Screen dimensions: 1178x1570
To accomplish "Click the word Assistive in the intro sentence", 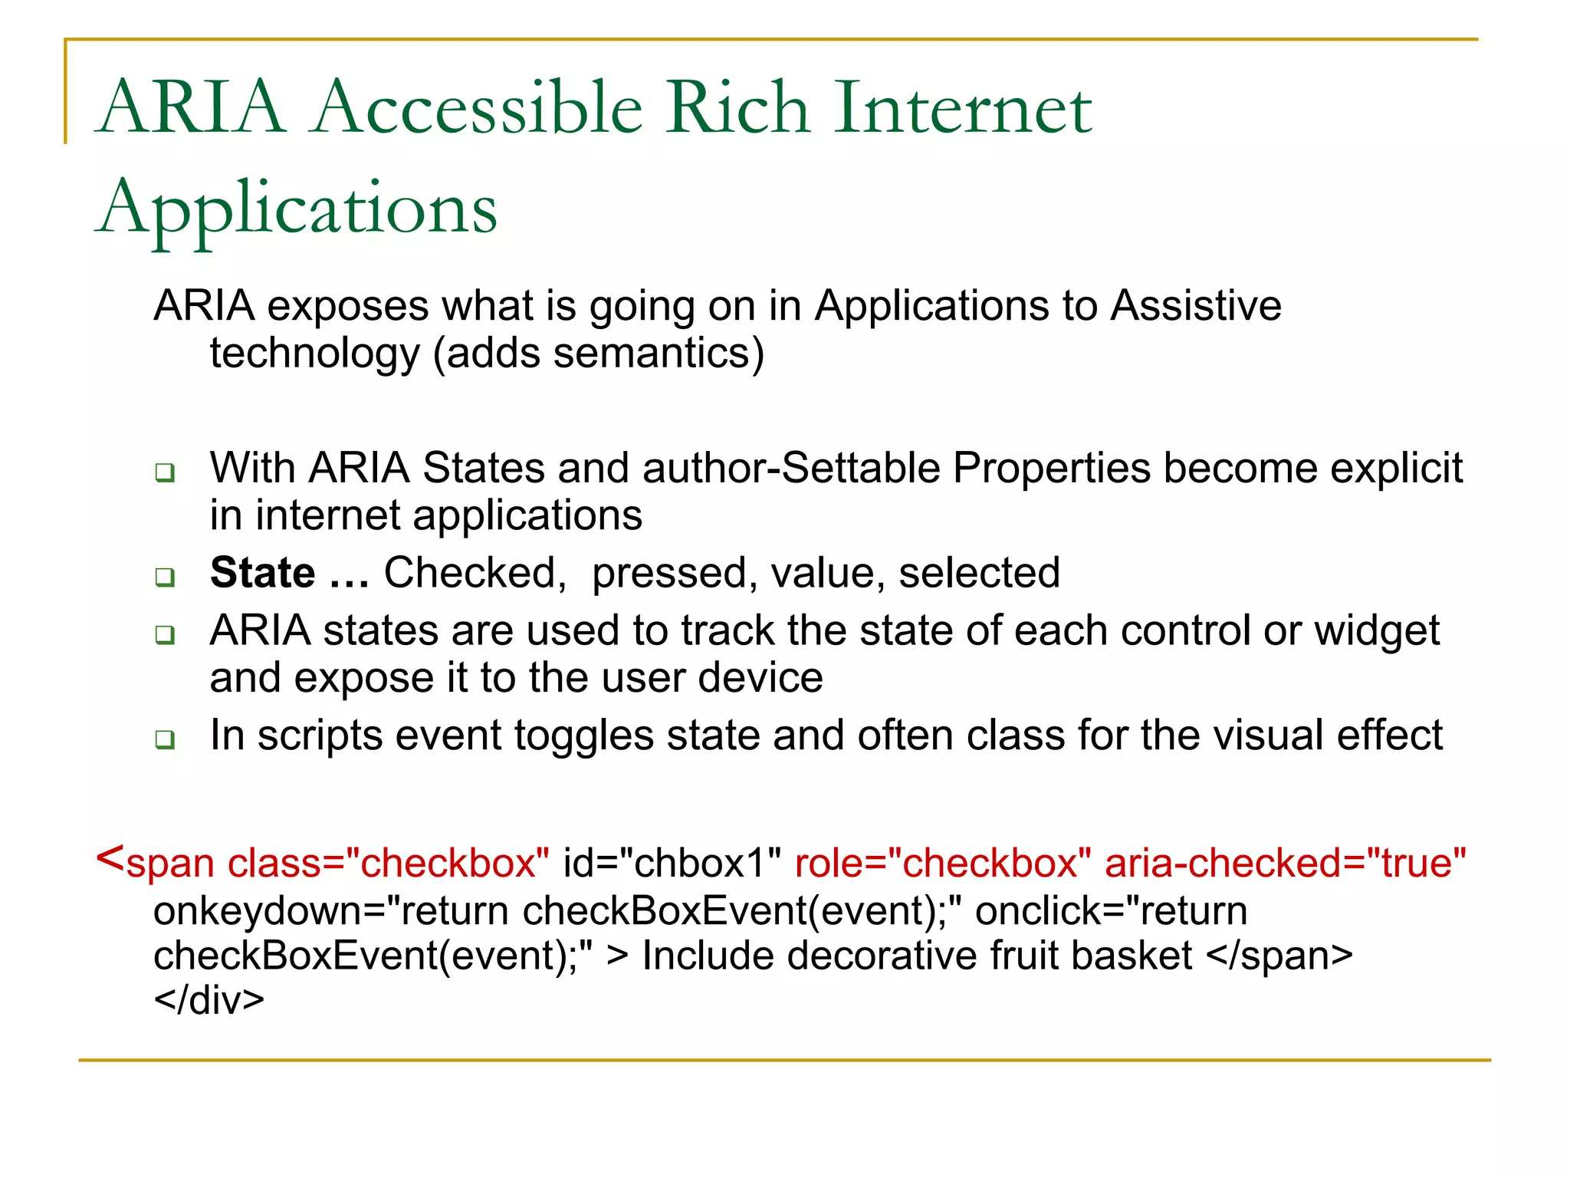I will tap(1196, 306).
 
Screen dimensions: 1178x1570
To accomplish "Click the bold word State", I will tap(262, 573).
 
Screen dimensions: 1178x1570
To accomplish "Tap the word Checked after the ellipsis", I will tap(475, 573).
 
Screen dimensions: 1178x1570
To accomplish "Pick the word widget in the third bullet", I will tap(1377, 631).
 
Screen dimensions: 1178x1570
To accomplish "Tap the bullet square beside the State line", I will tap(165, 577).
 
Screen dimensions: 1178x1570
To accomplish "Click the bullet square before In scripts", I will tap(165, 739).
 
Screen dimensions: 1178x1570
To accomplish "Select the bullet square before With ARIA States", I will tap(165, 472).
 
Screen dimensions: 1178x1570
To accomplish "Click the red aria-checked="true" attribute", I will tap(1286, 863).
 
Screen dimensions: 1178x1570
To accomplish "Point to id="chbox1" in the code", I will tap(672, 863).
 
